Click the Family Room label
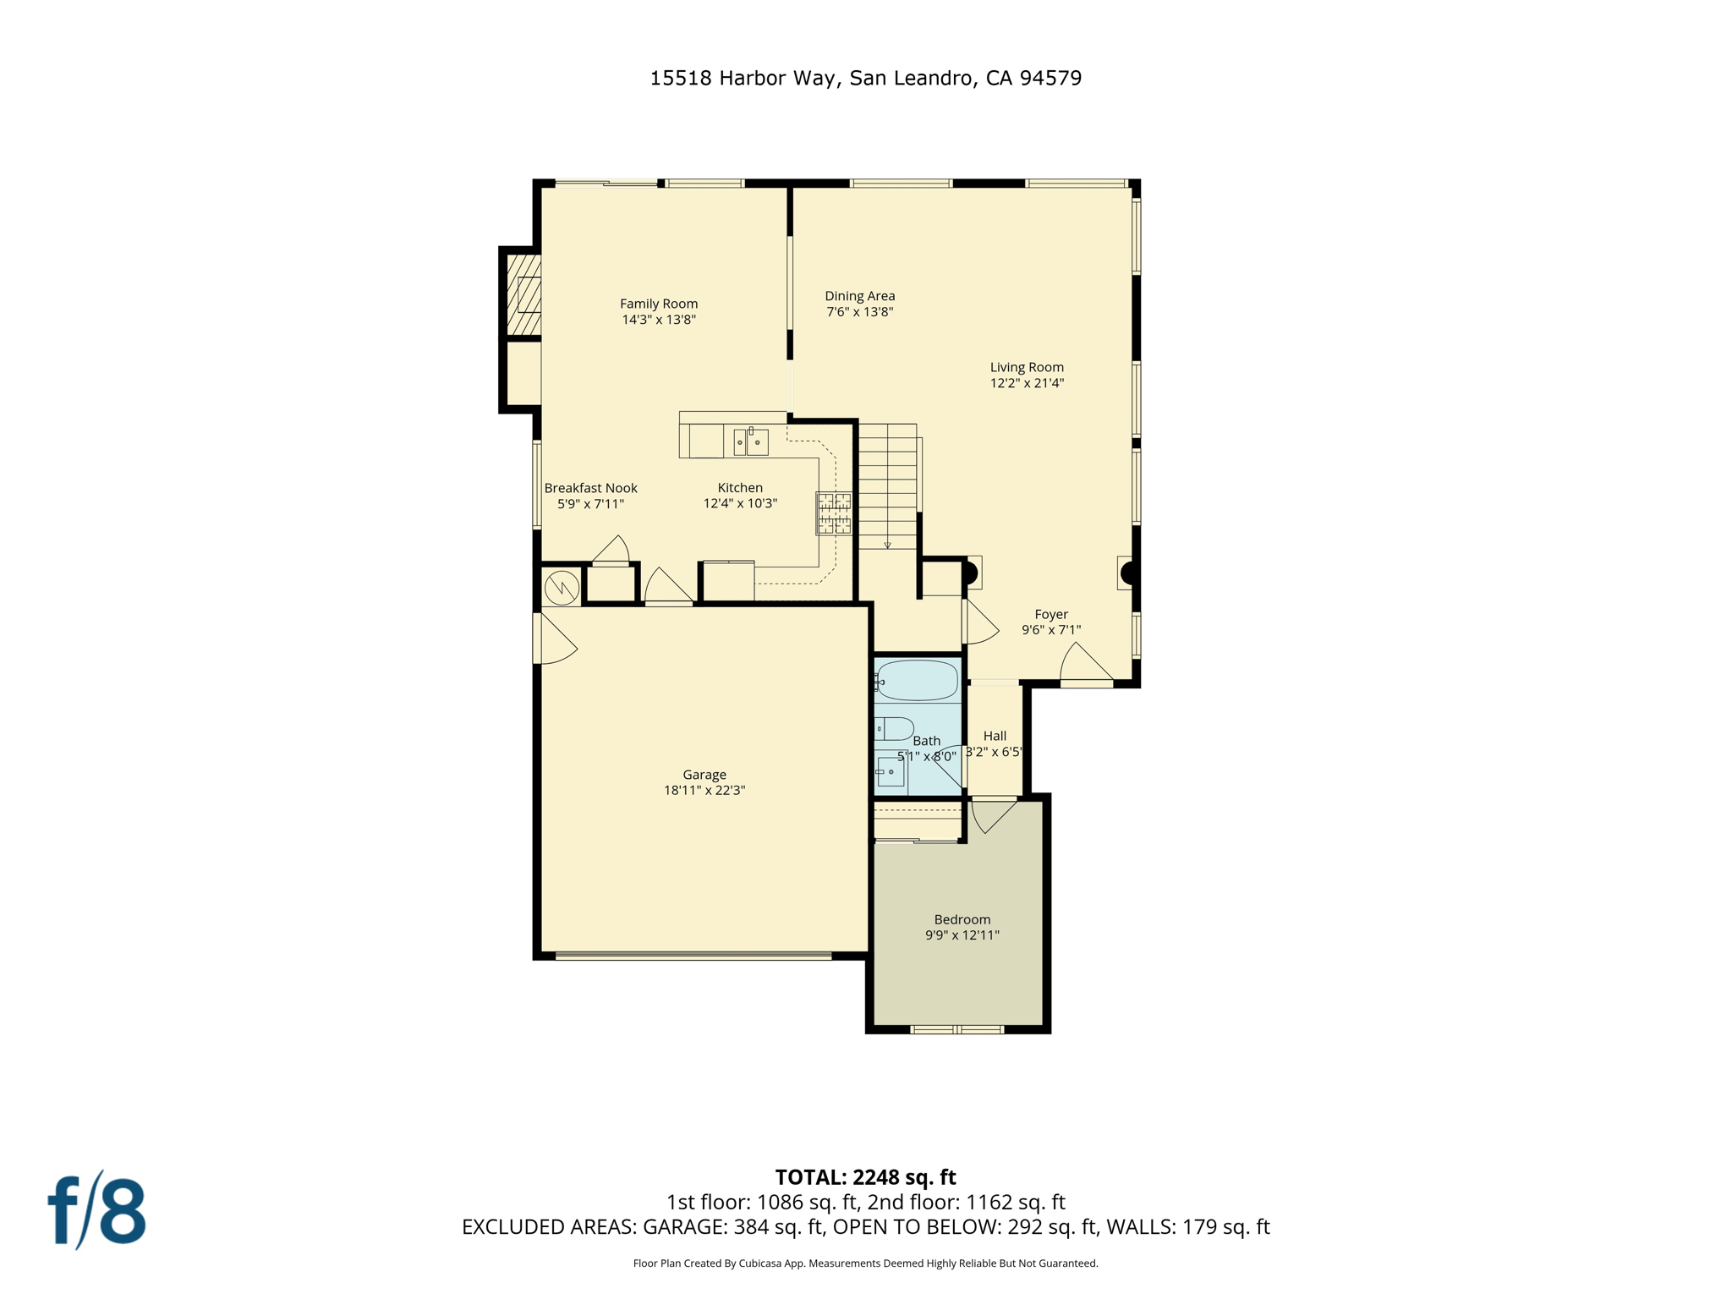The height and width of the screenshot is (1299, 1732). tap(659, 304)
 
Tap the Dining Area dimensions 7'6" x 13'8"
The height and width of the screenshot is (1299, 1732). tap(859, 312)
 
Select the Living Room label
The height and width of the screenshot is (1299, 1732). tap(1027, 367)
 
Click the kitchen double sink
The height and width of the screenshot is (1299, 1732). tap(750, 442)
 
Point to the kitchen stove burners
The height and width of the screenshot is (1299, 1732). tap(834, 513)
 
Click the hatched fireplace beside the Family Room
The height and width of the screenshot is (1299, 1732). tap(524, 294)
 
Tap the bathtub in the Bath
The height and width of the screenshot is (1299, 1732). tap(918, 681)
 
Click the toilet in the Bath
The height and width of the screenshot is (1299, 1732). tap(895, 728)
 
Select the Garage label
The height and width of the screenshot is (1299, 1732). tap(704, 775)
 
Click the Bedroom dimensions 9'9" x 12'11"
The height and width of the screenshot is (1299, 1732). tap(962, 935)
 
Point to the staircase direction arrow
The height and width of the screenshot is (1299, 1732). tap(888, 545)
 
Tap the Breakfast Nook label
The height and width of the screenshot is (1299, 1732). tap(590, 488)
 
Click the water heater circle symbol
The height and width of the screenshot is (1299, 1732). tap(562, 588)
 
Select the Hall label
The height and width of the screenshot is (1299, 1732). tap(995, 736)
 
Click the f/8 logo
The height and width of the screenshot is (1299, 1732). tap(96, 1211)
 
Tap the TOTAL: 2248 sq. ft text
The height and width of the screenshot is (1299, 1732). tap(865, 1177)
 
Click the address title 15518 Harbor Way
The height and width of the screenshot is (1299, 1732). tap(865, 78)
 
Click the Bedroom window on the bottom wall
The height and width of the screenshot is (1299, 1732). tap(956, 1029)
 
